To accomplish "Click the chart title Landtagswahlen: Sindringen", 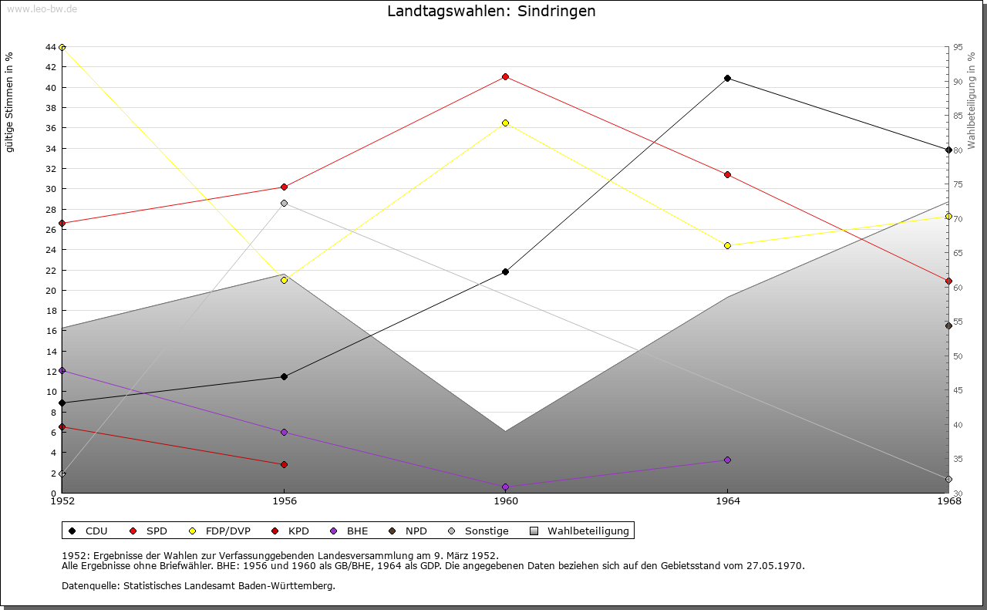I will tap(491, 12).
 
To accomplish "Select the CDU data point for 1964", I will tap(727, 78).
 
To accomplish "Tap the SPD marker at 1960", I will tap(505, 76).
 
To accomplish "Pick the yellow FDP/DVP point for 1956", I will tap(284, 280).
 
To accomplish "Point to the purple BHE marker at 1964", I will tap(727, 460).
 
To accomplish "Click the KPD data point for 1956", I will tap(284, 464).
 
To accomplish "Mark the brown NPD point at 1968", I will tap(948, 325).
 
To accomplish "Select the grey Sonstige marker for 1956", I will tap(284, 203).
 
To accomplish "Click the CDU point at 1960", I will tap(505, 271).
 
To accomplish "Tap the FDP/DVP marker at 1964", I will tap(727, 245).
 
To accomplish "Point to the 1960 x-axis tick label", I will tap(505, 501).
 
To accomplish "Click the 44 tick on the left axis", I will tap(50, 47).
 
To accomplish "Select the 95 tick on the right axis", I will tap(957, 47).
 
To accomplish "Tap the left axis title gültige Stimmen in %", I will tap(10, 102).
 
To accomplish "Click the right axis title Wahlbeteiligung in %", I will tap(972, 101).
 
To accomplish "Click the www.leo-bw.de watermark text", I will tap(42, 8).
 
